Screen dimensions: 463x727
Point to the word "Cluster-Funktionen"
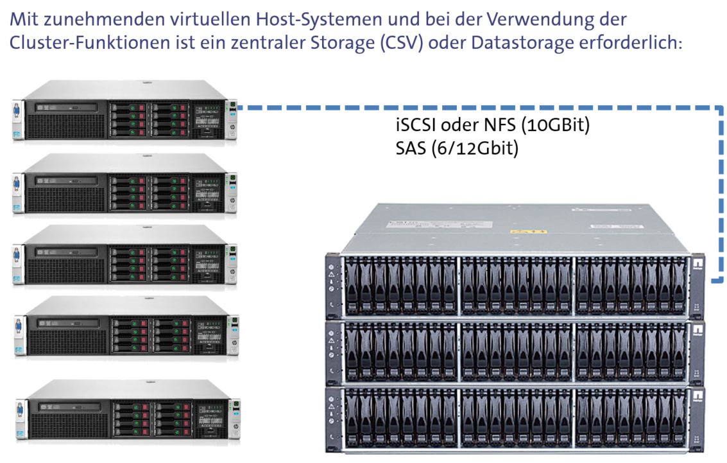[x=89, y=42]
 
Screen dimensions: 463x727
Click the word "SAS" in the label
[x=410, y=149]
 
